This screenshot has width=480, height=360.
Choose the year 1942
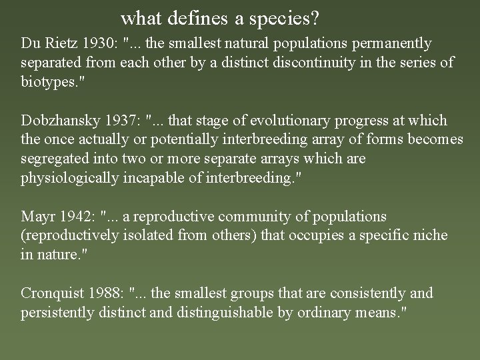77,217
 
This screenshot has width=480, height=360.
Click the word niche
431,235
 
